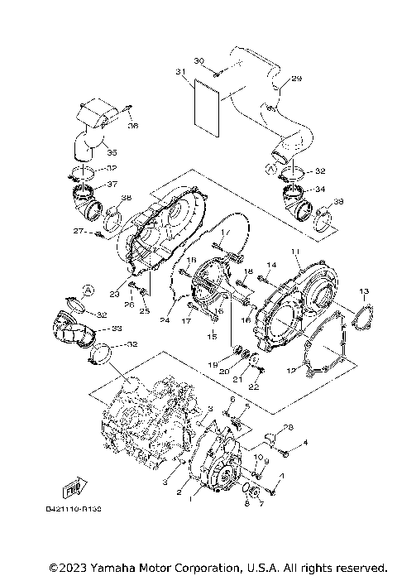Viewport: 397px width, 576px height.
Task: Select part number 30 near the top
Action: (x=198, y=62)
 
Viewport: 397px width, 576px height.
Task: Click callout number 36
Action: (x=133, y=126)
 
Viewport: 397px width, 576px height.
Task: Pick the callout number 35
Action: (x=112, y=152)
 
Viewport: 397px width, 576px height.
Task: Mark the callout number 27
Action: (x=79, y=232)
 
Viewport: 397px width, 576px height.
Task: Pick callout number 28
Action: (x=288, y=428)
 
